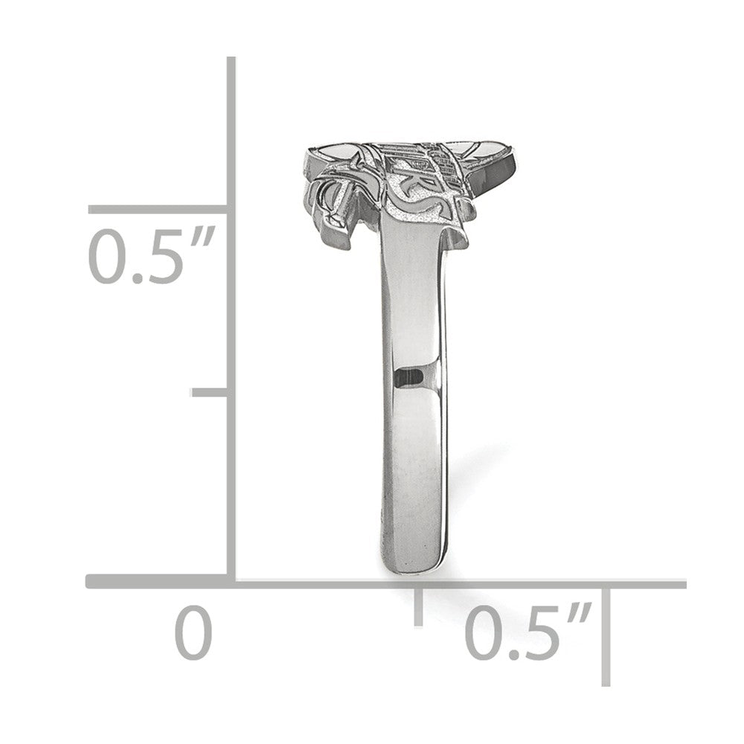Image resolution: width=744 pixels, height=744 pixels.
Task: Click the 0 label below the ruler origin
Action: [x=193, y=632]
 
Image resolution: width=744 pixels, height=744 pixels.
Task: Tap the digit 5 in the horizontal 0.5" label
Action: [x=539, y=633]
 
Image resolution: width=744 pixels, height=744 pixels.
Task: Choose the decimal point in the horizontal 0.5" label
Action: [x=510, y=654]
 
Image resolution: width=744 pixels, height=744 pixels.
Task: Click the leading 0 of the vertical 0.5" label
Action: [x=106, y=257]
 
